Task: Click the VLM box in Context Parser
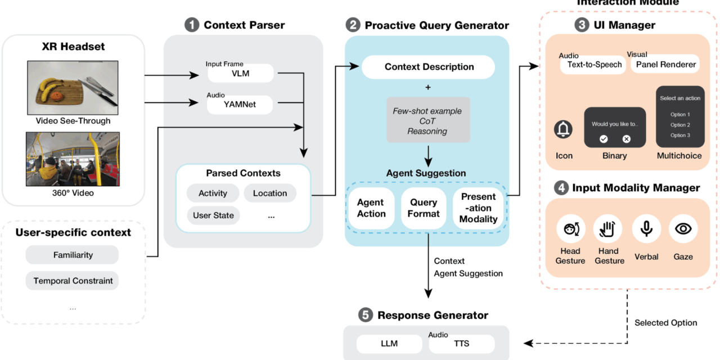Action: (x=240, y=73)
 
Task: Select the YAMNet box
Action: (x=240, y=104)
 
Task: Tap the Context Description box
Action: (x=429, y=67)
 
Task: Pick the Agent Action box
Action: (x=371, y=208)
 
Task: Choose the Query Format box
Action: (x=424, y=208)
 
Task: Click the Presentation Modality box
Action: (x=478, y=208)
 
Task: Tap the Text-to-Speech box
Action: (x=595, y=65)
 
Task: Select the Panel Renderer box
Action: (x=665, y=65)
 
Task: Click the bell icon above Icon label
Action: (x=563, y=130)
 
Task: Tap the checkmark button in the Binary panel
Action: (x=604, y=138)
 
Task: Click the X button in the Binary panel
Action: (x=626, y=138)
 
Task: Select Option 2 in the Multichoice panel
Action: (x=680, y=125)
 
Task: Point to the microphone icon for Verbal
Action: (x=646, y=228)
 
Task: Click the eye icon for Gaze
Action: (x=683, y=228)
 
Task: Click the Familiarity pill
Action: (x=73, y=255)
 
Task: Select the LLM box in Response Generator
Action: (x=389, y=344)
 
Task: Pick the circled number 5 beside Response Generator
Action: (x=366, y=316)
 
